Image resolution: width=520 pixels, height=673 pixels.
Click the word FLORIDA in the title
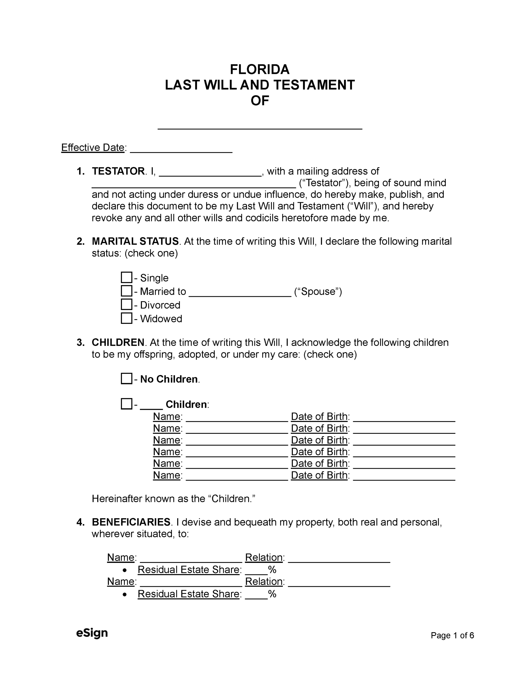[x=259, y=70]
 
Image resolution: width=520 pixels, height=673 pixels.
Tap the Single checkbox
[x=126, y=277]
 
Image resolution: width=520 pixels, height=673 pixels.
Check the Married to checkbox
[x=126, y=291]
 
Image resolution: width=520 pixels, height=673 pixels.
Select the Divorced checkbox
[x=126, y=304]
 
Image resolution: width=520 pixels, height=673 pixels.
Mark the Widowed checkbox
[x=126, y=318]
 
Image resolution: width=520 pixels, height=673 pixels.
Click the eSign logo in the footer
[x=92, y=633]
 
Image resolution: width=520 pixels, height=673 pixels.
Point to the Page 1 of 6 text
[x=452, y=635]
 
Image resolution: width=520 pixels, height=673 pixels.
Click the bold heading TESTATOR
[x=118, y=171]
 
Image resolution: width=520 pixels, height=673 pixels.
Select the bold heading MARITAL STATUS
[x=135, y=241]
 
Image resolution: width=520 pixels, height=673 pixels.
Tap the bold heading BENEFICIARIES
[x=131, y=522]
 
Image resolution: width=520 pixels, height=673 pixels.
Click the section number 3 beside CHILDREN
[x=80, y=343]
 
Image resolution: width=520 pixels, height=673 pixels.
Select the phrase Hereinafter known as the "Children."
[x=174, y=499]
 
